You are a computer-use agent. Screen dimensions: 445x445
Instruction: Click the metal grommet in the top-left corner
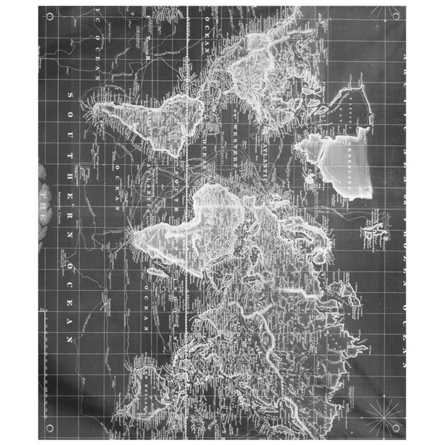coord(49,16)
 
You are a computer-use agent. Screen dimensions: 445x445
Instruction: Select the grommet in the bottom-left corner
coord(50,429)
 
